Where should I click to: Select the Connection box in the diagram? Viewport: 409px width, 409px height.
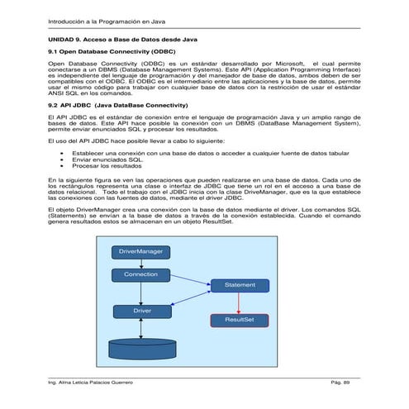[141, 273]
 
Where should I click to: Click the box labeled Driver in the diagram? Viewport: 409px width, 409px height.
[141, 311]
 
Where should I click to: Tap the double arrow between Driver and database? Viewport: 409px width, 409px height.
[141, 327]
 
